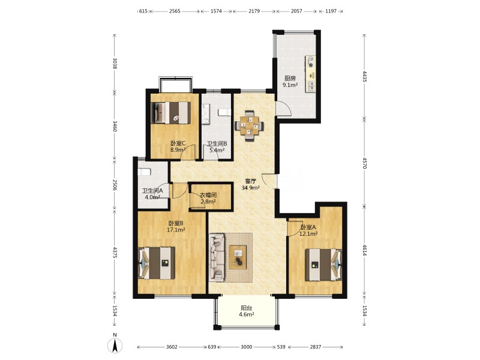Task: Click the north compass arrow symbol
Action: [115, 346]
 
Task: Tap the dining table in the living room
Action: [249, 125]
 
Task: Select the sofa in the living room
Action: [217, 257]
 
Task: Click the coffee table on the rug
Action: [238, 257]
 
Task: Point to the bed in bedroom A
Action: [323, 265]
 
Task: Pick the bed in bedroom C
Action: [171, 113]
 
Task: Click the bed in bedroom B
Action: [157, 263]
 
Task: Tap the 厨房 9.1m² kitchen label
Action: [290, 82]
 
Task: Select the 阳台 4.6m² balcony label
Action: [247, 311]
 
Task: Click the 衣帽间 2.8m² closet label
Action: [208, 198]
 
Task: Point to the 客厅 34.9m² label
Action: [251, 184]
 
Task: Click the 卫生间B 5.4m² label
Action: [217, 146]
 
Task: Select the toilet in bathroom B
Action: [224, 112]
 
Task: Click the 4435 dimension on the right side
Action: [364, 76]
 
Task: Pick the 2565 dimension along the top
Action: [175, 11]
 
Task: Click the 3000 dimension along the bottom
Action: [247, 347]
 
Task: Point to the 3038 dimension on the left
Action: [115, 63]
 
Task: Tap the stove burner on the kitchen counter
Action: [311, 65]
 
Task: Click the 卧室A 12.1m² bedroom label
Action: [308, 230]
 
